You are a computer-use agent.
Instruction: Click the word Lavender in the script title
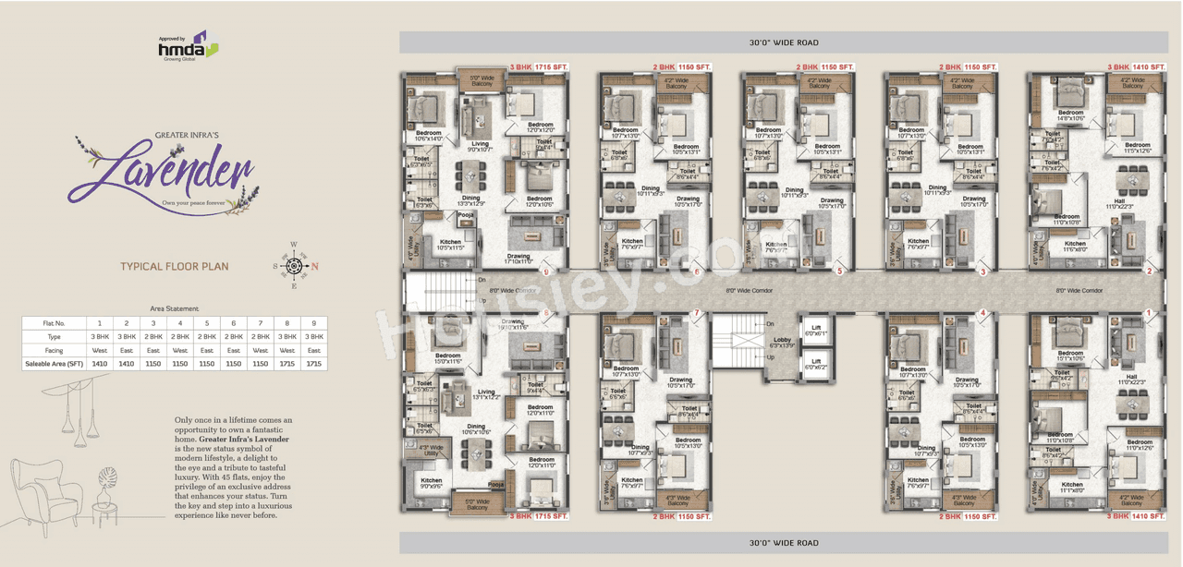(162, 172)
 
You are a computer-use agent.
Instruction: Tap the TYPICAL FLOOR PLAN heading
(174, 267)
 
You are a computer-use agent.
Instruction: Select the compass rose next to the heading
(295, 266)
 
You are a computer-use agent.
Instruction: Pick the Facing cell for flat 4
(180, 350)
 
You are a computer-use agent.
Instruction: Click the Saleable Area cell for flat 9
(314, 364)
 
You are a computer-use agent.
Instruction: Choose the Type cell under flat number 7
(261, 337)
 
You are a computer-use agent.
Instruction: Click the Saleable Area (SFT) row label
(55, 364)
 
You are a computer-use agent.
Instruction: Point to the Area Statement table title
(174, 308)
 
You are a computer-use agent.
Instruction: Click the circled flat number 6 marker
(697, 271)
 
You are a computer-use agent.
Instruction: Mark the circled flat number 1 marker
(1149, 313)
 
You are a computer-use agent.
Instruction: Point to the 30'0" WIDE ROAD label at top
(783, 42)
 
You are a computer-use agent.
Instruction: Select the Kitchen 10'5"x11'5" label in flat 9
(450, 245)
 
